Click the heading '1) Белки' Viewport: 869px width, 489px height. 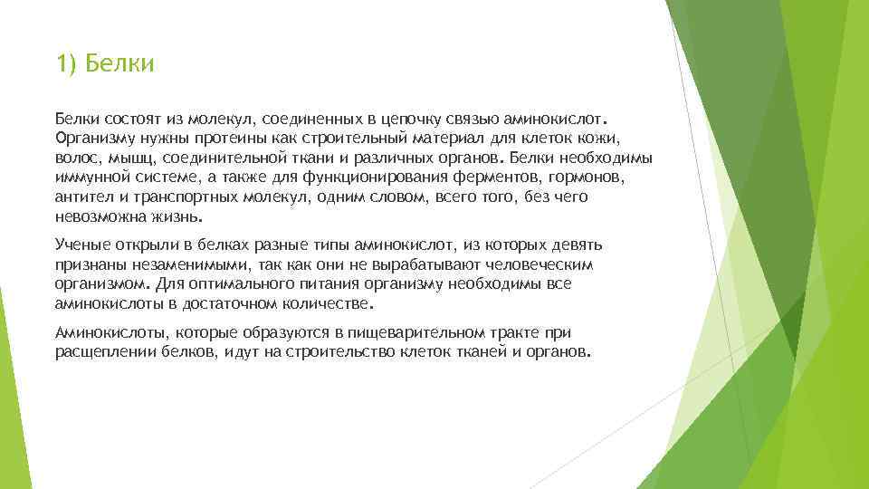(x=105, y=64)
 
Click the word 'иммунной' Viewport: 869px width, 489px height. (x=89, y=177)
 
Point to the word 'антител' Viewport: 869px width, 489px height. (x=81, y=197)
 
